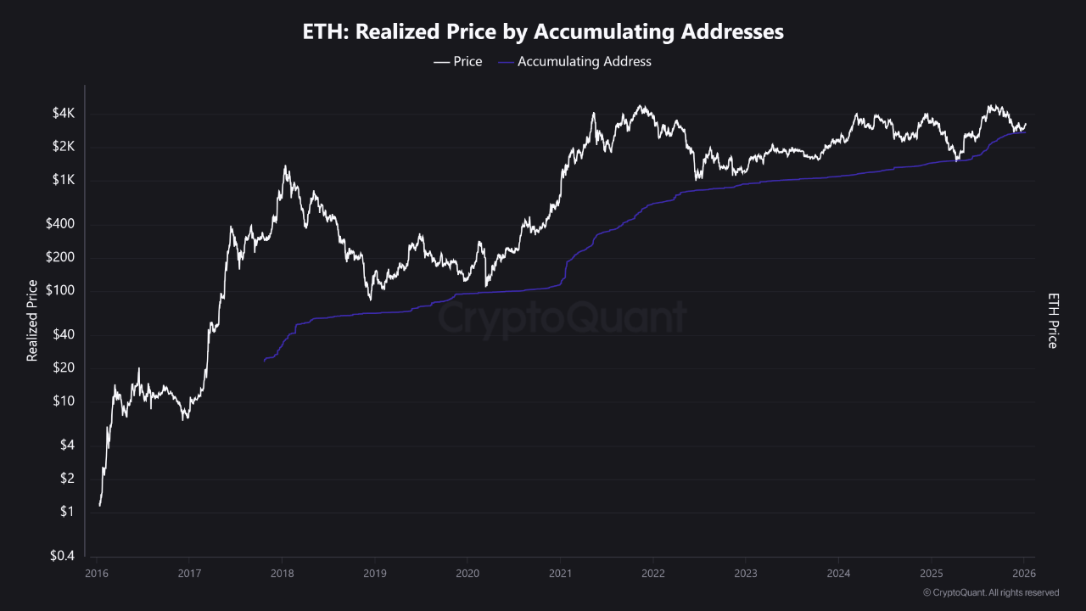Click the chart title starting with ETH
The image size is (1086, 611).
(x=543, y=32)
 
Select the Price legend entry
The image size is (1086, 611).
(x=458, y=61)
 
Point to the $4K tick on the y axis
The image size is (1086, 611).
(x=64, y=113)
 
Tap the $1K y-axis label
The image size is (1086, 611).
(x=64, y=180)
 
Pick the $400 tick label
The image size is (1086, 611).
(x=62, y=224)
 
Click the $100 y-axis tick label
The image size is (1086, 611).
(x=62, y=291)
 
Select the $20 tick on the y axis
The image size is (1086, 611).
(x=64, y=367)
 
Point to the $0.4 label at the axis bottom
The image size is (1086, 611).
(x=62, y=556)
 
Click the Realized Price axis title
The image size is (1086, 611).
(x=32, y=321)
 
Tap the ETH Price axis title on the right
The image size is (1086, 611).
(x=1053, y=321)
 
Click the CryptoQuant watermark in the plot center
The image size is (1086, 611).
(x=562, y=318)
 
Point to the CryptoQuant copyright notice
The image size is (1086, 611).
(x=990, y=592)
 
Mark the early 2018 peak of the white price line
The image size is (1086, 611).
(x=285, y=166)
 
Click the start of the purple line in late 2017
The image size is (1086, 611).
(x=265, y=361)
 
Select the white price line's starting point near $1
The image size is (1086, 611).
(x=99, y=506)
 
